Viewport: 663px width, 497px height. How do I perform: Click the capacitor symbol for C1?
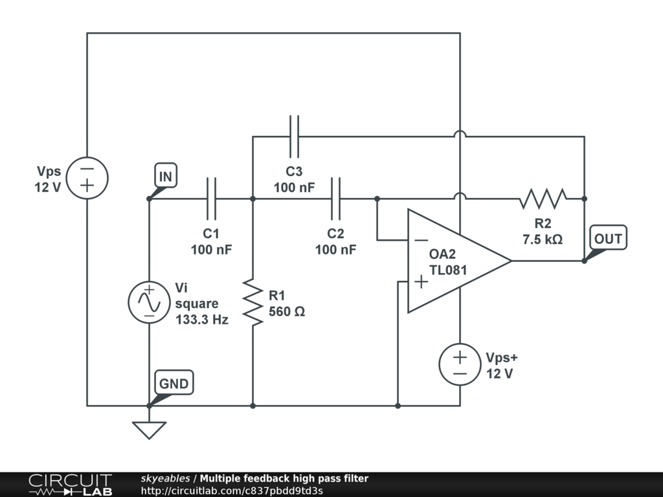tap(211, 199)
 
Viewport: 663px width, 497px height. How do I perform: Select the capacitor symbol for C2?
tap(335, 199)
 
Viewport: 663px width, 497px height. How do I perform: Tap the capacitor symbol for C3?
tap(294, 137)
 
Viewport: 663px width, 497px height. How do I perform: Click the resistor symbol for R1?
tap(253, 302)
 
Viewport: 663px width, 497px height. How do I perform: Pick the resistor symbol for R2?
tap(543, 199)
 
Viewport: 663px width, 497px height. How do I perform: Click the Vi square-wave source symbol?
tap(149, 302)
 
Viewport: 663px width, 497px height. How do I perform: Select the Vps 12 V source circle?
tap(87, 178)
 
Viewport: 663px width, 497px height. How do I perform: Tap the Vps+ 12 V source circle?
tap(460, 364)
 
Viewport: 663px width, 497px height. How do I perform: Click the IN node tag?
tap(165, 176)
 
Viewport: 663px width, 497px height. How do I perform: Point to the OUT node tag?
tap(608, 239)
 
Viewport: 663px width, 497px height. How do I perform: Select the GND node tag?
tap(174, 384)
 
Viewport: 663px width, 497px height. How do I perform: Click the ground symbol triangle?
tap(149, 430)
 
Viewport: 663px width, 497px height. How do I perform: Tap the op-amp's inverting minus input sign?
tap(421, 241)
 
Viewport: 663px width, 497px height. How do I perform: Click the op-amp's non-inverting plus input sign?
tap(421, 282)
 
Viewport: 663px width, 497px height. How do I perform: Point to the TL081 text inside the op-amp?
tap(448, 271)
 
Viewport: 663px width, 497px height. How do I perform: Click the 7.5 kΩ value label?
tap(543, 239)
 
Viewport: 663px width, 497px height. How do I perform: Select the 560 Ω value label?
tap(287, 311)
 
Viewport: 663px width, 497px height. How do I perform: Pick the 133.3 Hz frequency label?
tap(202, 320)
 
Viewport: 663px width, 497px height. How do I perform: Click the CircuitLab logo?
tap(70, 485)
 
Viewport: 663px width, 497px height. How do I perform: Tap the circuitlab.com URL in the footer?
tap(231, 491)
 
